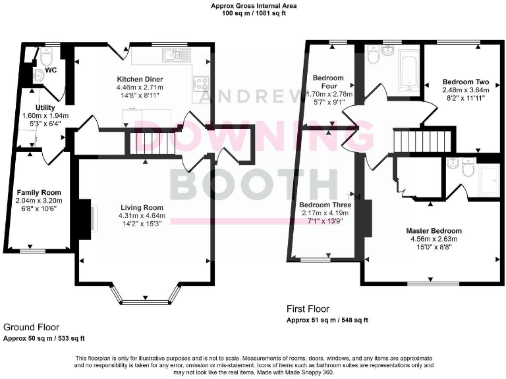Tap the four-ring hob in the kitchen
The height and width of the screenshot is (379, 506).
coord(200,83)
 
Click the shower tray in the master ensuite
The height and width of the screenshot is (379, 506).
coord(488,175)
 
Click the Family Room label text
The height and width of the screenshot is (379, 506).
coord(38,192)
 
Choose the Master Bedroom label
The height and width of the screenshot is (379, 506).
coord(434,231)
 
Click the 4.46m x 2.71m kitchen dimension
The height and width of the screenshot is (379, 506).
coord(139,87)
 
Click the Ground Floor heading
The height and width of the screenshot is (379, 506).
coord(31,327)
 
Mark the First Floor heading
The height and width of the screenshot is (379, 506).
coord(308,309)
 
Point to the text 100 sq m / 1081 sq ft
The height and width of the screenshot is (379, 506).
coord(253,13)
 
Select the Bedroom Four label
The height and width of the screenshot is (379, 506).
coord(327,82)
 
